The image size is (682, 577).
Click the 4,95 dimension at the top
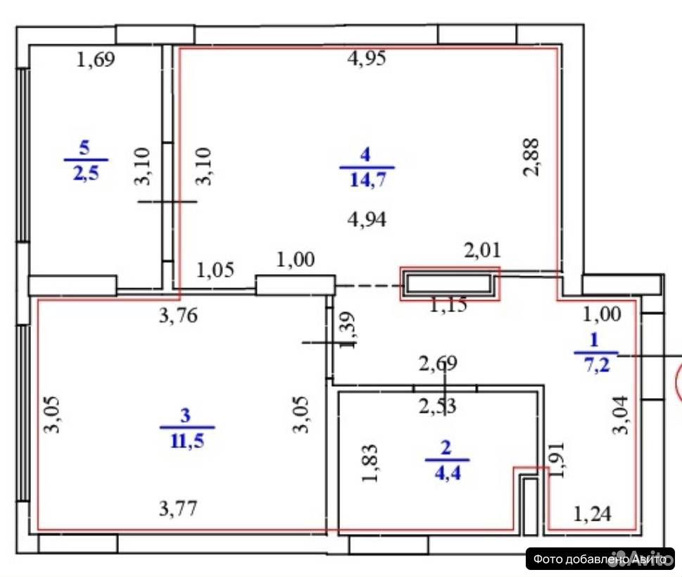(x=366, y=58)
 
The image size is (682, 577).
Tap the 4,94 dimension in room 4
(x=367, y=220)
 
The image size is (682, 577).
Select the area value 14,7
(x=368, y=179)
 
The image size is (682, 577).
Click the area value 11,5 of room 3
(x=187, y=440)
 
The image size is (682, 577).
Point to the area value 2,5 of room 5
(x=86, y=173)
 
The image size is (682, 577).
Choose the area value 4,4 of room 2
(x=448, y=473)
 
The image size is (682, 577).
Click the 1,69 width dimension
(x=95, y=59)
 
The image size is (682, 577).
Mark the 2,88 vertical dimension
(x=531, y=157)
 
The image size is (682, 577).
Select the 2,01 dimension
(x=482, y=250)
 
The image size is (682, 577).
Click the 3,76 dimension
(x=178, y=316)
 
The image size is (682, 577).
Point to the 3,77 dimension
(x=178, y=508)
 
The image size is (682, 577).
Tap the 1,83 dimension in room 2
(x=370, y=463)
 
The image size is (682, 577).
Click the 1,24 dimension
(x=592, y=514)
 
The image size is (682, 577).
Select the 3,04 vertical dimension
(x=620, y=415)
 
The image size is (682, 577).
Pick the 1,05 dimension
(x=215, y=270)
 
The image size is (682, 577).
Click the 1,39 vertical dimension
(x=347, y=330)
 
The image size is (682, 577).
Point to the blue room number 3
(x=186, y=416)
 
